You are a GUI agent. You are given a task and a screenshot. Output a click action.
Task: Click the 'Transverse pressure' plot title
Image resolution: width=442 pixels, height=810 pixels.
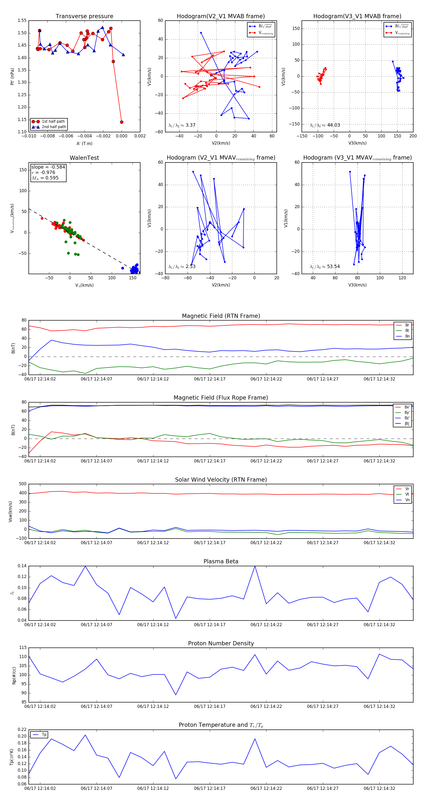coord(84,16)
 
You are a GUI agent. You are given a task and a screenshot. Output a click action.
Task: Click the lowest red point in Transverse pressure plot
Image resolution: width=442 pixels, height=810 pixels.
coord(122,122)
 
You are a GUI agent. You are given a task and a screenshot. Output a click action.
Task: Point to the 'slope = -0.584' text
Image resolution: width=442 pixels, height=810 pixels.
coord(48,167)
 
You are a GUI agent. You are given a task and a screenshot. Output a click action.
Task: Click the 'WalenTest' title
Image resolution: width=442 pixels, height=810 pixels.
coord(84,158)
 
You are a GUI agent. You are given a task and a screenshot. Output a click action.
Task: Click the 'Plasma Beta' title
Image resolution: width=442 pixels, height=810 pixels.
coord(221,561)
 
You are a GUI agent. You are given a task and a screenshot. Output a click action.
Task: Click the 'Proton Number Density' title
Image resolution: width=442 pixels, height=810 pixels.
coord(221,643)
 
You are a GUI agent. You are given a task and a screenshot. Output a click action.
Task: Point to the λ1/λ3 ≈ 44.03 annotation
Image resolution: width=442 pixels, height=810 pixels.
coord(325,125)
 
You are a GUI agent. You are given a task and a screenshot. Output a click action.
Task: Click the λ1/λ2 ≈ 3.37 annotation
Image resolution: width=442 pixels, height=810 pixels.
coord(182,125)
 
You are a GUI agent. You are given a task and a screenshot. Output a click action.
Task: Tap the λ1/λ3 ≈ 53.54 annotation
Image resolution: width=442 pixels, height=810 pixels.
coord(325,267)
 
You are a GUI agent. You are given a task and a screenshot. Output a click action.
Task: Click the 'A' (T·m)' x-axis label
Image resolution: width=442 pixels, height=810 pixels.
coord(84,143)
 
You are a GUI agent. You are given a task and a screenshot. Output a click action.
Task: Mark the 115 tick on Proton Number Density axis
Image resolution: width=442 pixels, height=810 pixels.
coord(23,648)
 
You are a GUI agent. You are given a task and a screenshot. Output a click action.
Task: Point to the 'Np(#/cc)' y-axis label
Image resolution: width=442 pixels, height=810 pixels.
coord(14,675)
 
